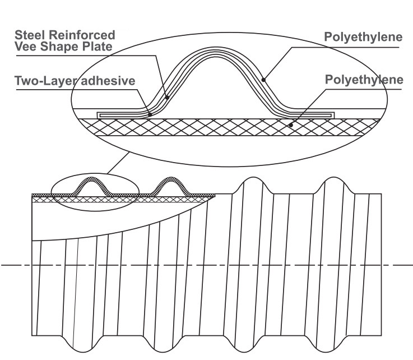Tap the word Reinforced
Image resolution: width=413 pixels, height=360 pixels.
(82, 35)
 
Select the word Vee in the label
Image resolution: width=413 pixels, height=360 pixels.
(26, 47)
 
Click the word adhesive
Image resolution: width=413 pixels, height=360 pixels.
(108, 81)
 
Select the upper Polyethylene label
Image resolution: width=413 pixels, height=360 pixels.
(363, 37)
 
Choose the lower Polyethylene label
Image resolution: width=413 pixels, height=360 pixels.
(364, 80)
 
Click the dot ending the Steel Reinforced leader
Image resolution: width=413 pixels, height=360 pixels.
(167, 98)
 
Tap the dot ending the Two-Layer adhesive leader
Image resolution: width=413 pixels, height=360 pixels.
(150, 114)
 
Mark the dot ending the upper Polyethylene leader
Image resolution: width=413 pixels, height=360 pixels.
(263, 80)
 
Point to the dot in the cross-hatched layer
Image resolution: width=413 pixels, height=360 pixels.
(291, 125)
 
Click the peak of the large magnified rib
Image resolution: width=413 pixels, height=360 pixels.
(216, 48)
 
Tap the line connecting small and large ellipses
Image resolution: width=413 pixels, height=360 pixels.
(118, 163)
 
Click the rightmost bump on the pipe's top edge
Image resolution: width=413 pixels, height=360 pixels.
(334, 178)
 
